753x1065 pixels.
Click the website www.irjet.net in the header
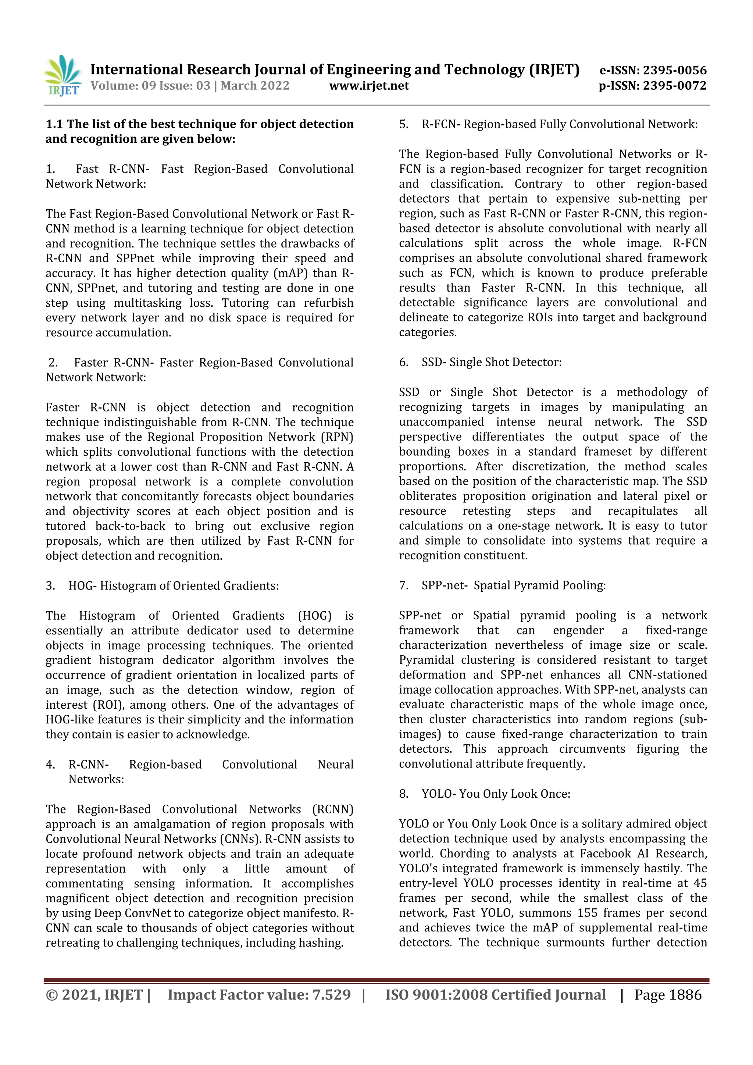click(x=369, y=86)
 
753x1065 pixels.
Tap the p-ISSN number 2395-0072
click(x=675, y=86)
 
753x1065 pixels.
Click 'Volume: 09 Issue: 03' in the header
click(x=150, y=86)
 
